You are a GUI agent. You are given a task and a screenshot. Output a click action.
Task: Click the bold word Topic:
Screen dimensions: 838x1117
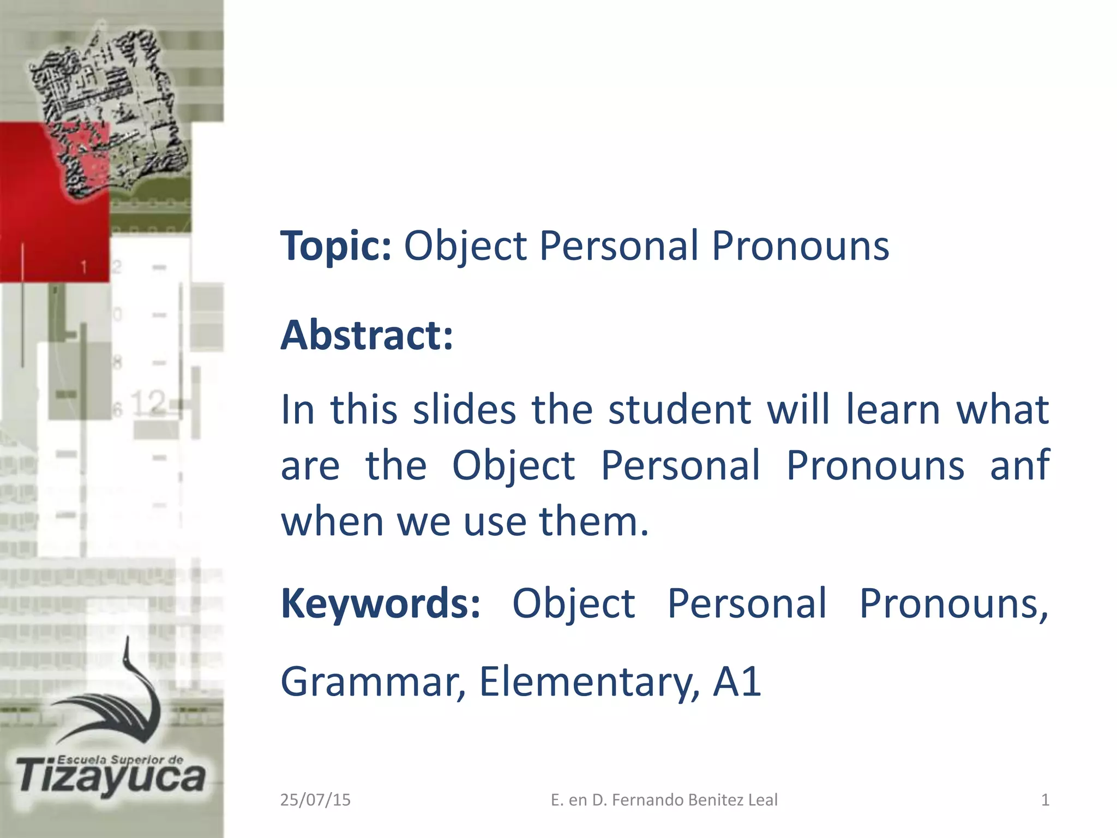point(336,247)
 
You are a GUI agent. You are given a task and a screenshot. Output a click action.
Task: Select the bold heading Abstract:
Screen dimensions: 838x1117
point(367,335)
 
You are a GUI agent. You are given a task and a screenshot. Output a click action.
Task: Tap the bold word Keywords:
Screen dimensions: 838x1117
point(381,603)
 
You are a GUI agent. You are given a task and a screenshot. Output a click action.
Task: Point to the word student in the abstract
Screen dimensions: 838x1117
point(680,410)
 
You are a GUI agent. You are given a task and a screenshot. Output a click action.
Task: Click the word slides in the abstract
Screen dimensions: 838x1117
point(464,410)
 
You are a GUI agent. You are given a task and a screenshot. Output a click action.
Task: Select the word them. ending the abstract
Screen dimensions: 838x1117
point(593,521)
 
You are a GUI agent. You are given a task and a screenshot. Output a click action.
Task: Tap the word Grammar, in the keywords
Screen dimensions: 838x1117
point(373,682)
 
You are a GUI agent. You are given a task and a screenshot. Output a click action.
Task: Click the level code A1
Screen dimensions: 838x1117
point(737,682)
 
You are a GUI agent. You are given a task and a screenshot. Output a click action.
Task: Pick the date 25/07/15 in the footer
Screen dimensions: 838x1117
point(315,800)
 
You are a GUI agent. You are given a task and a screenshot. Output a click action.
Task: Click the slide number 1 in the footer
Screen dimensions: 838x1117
point(1045,800)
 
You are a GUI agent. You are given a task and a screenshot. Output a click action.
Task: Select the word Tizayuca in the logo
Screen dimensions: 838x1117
point(111,778)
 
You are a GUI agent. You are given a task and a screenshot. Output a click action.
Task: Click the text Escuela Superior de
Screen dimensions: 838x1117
point(120,759)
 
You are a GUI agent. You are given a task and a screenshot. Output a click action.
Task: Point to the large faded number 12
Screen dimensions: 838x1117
point(148,403)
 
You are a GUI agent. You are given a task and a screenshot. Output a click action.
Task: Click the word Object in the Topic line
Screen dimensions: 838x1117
point(465,247)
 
